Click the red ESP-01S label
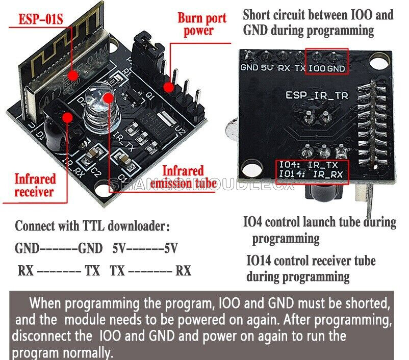40,19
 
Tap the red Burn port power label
195,24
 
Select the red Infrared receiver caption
34,185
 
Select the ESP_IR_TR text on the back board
310,95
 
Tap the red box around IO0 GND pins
326,61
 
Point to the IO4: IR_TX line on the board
308,165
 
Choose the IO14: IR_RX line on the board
308,174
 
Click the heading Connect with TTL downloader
92,226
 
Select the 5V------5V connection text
145,249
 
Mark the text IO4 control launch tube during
319,222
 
